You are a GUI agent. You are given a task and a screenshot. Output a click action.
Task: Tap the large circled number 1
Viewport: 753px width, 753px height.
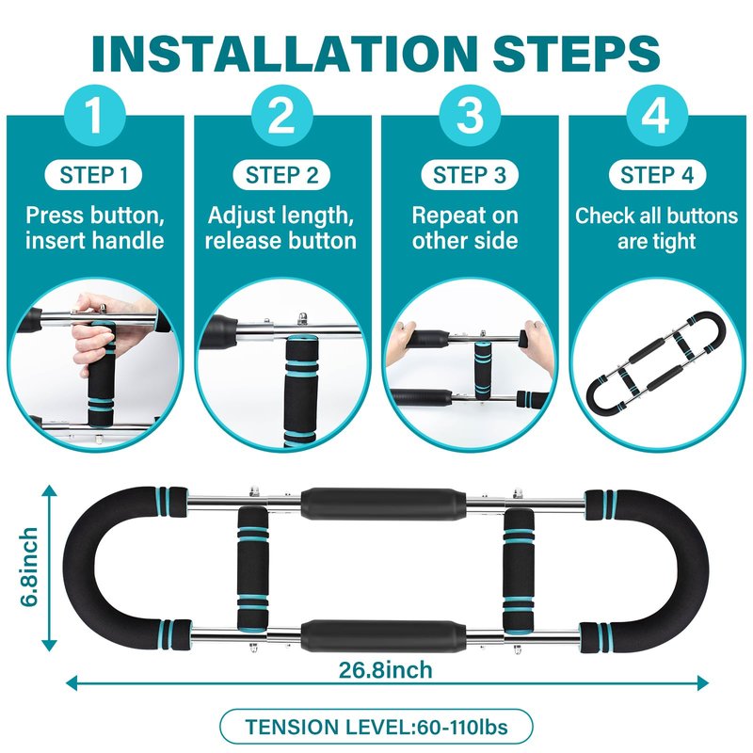coord(95,115)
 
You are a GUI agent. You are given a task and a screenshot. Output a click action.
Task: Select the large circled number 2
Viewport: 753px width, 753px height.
coord(281,115)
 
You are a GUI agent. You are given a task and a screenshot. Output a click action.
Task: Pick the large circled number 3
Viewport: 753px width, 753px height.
coord(470,115)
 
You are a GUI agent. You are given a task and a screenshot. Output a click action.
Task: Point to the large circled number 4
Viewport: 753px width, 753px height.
coord(657,115)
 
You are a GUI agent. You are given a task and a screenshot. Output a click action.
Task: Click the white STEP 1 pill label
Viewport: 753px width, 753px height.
coord(93,175)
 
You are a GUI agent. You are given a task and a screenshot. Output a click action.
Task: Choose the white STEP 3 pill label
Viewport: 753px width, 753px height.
coord(469,175)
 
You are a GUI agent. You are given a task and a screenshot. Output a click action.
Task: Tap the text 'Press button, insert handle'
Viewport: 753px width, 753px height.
coord(95,228)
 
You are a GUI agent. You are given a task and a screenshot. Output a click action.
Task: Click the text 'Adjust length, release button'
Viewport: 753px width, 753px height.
coord(280,228)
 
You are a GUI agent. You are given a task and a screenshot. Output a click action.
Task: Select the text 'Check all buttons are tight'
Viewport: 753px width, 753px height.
coord(656,228)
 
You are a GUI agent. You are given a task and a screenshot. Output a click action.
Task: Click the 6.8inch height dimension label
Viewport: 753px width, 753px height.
coord(29,568)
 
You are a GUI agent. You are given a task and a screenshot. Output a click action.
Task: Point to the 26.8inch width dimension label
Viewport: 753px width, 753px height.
coord(385,669)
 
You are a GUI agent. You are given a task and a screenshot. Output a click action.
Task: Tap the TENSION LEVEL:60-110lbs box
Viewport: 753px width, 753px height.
coord(376,727)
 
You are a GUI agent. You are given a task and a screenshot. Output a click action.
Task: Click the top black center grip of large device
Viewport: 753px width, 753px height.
coord(383,504)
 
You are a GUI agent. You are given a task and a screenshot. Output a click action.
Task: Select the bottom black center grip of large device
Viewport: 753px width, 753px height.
coord(383,635)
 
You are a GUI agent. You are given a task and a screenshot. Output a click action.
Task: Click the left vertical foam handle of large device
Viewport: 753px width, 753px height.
coord(252,569)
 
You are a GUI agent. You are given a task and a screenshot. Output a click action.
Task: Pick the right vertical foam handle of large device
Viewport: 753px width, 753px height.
coord(519,570)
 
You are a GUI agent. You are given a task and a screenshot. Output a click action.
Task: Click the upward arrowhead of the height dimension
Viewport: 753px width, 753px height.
coord(49,490)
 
